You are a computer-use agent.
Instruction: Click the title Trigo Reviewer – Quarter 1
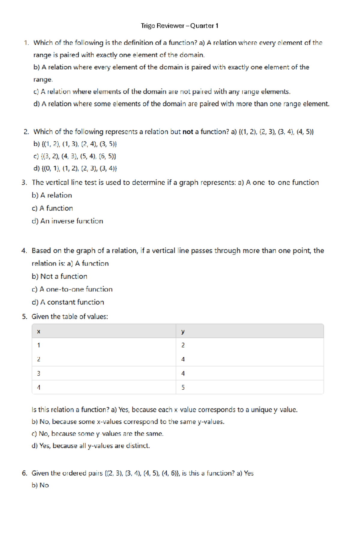point(179,26)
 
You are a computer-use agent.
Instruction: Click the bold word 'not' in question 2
point(188,132)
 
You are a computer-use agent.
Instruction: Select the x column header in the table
point(38,331)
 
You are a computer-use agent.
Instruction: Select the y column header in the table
point(183,331)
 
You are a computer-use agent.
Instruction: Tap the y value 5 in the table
point(183,388)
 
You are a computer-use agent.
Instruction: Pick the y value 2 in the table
point(183,345)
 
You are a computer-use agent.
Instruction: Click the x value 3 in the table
point(38,373)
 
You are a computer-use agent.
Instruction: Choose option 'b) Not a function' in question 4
point(59,276)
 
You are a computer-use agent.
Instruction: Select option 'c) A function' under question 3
point(52,208)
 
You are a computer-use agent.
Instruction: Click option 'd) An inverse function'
point(67,221)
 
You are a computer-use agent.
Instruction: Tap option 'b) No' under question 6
point(40,485)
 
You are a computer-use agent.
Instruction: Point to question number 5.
point(24,317)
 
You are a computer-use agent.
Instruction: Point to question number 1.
point(26,43)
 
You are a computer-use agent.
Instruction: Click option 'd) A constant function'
point(68,302)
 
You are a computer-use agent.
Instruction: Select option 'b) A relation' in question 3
point(52,195)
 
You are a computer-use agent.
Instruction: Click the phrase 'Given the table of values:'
point(70,317)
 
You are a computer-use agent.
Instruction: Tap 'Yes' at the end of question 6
point(249,473)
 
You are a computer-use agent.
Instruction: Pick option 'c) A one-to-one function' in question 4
point(72,289)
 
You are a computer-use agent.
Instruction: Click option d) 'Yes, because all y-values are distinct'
point(91,446)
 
